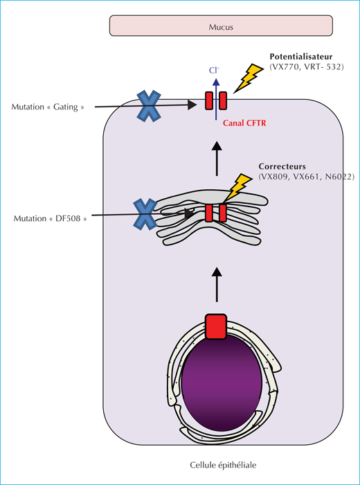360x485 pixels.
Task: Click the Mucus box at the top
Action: tap(221, 26)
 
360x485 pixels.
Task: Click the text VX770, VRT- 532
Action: tap(307, 67)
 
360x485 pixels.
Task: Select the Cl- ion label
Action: tap(213, 71)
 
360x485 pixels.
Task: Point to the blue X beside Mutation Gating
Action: tap(149, 106)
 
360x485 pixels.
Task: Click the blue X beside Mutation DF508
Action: tap(145, 215)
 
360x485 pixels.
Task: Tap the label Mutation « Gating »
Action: tap(48, 107)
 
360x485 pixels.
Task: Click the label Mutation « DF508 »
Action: tap(50, 219)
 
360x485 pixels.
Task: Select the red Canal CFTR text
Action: tap(244, 123)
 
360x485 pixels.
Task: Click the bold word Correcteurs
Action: tap(282, 166)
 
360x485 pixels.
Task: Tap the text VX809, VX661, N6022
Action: tap(306, 177)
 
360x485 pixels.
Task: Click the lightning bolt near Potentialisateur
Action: tap(249, 78)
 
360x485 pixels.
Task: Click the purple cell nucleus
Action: tap(222, 383)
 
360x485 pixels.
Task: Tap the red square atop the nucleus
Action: tap(216, 326)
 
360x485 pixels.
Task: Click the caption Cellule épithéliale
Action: tap(223, 465)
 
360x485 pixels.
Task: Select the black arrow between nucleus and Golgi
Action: tap(217, 285)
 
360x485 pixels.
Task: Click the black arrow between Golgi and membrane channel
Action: tap(217, 159)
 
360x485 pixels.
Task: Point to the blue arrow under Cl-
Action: tap(216, 98)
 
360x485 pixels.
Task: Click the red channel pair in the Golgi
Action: tap(216, 213)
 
